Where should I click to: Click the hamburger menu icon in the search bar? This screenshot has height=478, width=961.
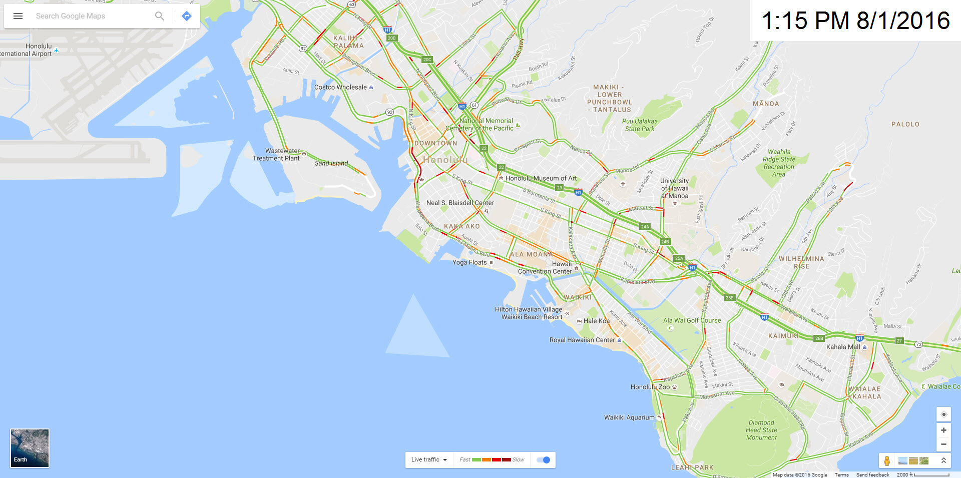coord(18,16)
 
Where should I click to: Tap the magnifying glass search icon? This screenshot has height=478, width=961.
coord(159,16)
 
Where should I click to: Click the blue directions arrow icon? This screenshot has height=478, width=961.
coord(187,16)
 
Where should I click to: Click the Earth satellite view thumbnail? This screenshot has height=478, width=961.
coord(30,448)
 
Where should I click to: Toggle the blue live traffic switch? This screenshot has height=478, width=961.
coord(543,460)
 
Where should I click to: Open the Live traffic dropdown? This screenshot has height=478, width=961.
coord(429,460)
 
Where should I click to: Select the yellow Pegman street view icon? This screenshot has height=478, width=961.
coord(887,460)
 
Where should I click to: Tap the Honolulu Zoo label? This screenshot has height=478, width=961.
coord(650,387)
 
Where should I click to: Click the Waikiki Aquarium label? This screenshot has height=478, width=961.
coord(629,417)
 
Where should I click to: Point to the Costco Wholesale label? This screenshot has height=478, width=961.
coord(340,87)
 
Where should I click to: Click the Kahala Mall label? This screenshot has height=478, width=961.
coord(843,347)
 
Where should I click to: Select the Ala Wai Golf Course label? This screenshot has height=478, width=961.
coord(692,320)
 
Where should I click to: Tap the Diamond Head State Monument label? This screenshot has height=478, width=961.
coord(761,430)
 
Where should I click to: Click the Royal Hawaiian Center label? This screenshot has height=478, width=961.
coord(582,340)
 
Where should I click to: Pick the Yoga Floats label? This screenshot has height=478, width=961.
coord(469,262)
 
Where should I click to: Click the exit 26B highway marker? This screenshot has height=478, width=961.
coord(819,338)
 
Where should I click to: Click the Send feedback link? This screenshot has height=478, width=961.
coord(872,474)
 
